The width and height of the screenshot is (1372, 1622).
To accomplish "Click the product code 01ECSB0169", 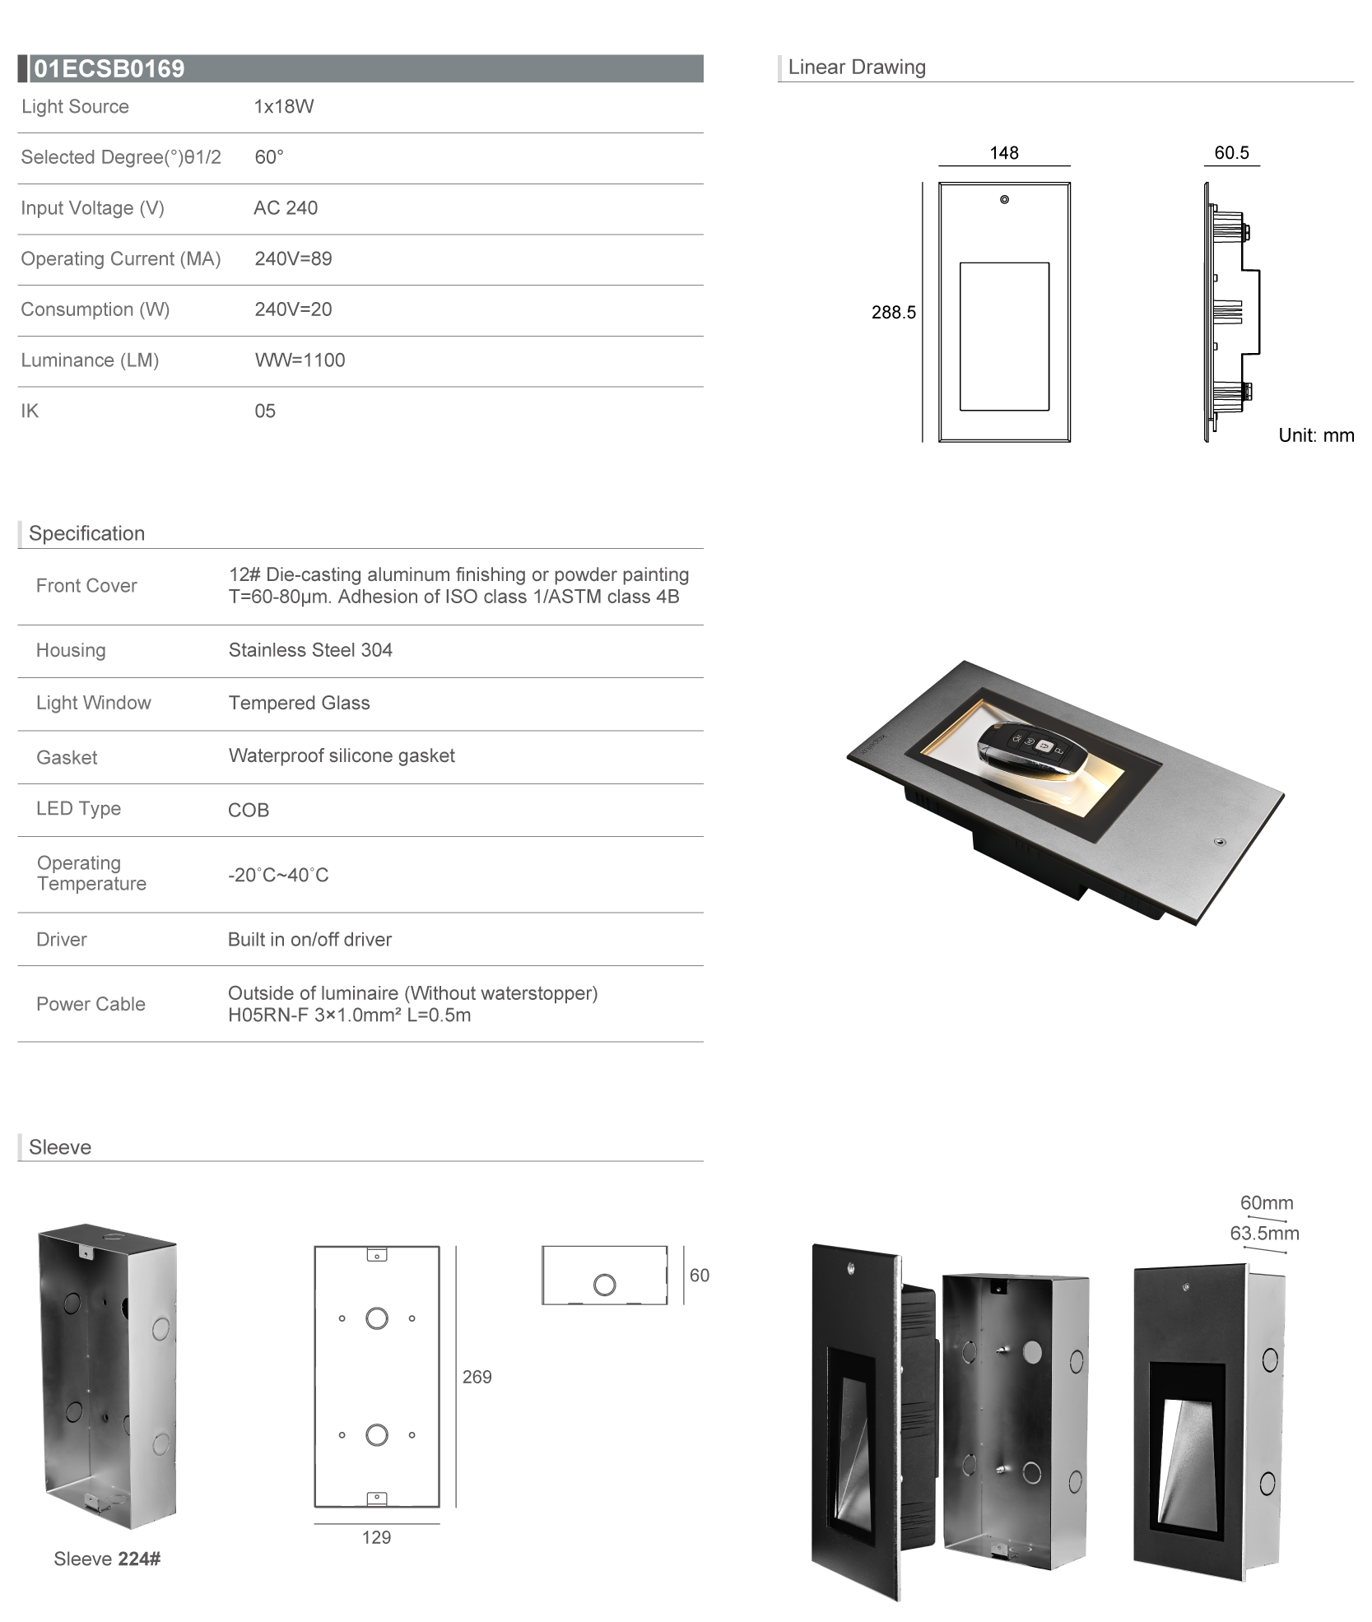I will pyautogui.click(x=109, y=68).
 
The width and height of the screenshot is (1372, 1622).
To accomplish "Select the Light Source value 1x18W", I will pyautogui.click(x=284, y=107).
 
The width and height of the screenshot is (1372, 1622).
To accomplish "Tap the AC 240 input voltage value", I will pyautogui.click(x=286, y=208).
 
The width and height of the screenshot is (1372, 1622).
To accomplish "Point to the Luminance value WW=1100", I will pyautogui.click(x=300, y=360).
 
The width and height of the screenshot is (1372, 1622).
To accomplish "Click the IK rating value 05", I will pyautogui.click(x=265, y=411).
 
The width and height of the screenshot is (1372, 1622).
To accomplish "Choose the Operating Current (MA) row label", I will pyautogui.click(x=121, y=259).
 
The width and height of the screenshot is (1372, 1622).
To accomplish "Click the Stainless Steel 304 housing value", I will pyautogui.click(x=310, y=650).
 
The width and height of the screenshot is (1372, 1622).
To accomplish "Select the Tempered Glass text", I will pyautogui.click(x=299, y=703).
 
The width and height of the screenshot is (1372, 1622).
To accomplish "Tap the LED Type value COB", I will pyautogui.click(x=249, y=811).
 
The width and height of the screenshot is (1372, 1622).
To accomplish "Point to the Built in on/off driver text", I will pyautogui.click(x=309, y=940).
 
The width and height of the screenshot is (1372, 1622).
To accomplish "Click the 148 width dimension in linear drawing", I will pyautogui.click(x=1004, y=153).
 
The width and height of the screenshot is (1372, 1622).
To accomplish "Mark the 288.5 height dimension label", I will pyautogui.click(x=894, y=313).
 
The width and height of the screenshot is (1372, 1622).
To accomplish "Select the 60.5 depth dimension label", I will pyautogui.click(x=1231, y=153).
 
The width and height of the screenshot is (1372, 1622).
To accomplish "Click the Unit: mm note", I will pyautogui.click(x=1316, y=435).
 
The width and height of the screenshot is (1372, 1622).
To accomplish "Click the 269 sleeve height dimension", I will pyautogui.click(x=477, y=1377).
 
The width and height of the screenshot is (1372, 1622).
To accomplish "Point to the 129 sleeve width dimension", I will pyautogui.click(x=376, y=1537).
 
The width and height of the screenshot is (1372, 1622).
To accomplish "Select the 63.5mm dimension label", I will pyautogui.click(x=1264, y=1234).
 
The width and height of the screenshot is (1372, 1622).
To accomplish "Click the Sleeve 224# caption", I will pyautogui.click(x=107, y=1559).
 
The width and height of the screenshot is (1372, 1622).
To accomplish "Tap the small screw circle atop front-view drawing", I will pyautogui.click(x=1004, y=200).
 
